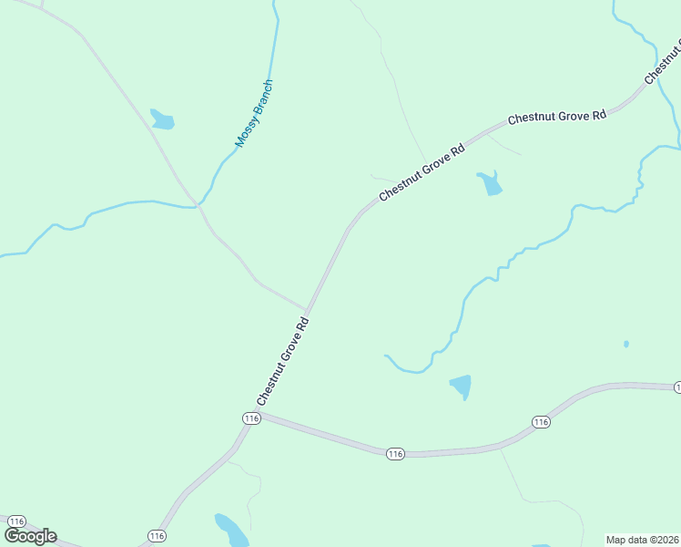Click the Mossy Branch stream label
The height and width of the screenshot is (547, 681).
pyautogui.click(x=254, y=114)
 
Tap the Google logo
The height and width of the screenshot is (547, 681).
pyautogui.click(x=30, y=536)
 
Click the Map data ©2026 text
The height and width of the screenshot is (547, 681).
pyautogui.click(x=643, y=540)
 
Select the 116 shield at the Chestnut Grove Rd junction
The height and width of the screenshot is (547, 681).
pyautogui.click(x=252, y=418)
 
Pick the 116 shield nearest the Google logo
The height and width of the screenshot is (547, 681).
pyautogui.click(x=16, y=521)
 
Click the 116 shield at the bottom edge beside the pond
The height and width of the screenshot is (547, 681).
pyautogui.click(x=157, y=535)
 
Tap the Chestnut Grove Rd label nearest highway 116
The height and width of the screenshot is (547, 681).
pyautogui.click(x=284, y=361)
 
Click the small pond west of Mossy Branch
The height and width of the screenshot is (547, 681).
pyautogui.click(x=162, y=119)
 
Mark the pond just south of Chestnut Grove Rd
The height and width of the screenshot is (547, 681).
pyautogui.click(x=490, y=183)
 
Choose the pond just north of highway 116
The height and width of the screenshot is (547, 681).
pyautogui.click(x=462, y=387)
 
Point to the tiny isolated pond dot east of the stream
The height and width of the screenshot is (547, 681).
pyautogui.click(x=625, y=344)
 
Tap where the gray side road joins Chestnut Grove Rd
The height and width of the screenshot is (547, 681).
pyautogui.click(x=305, y=310)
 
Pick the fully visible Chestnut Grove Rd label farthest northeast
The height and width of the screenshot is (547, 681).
pyautogui.click(x=556, y=117)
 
